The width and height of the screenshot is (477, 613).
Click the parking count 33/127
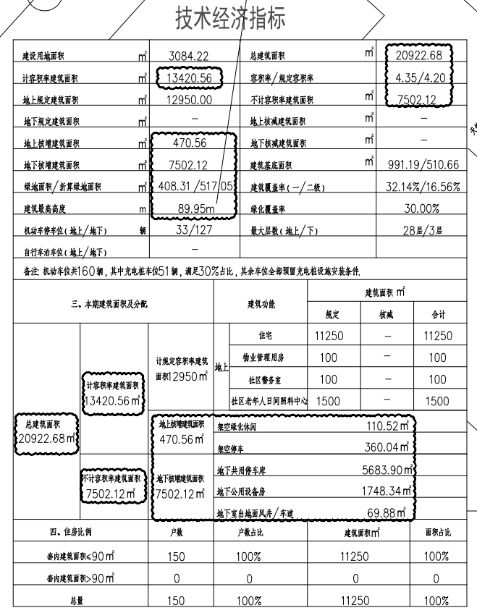(187, 231)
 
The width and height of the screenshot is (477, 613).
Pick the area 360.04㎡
(387, 449)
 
